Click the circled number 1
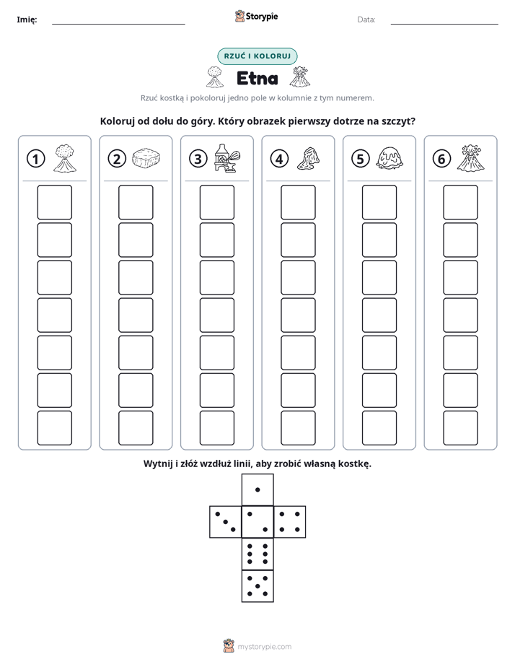(x=35, y=159)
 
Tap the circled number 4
(x=279, y=159)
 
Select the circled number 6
(x=441, y=159)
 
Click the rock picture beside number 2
(x=146, y=158)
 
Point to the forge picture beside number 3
(x=227, y=158)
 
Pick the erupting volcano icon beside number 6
(x=470, y=158)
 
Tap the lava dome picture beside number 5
(x=389, y=158)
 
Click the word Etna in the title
(x=257, y=78)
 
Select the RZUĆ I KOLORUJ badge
(x=257, y=56)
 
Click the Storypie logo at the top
(x=256, y=17)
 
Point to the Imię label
(x=27, y=19)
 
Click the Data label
(x=366, y=19)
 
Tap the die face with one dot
(x=257, y=489)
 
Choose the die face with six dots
(x=257, y=554)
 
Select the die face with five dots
(x=257, y=585)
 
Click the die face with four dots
(x=290, y=521)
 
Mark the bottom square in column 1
(x=54, y=428)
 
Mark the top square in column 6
(x=461, y=202)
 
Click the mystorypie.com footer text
(x=264, y=647)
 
